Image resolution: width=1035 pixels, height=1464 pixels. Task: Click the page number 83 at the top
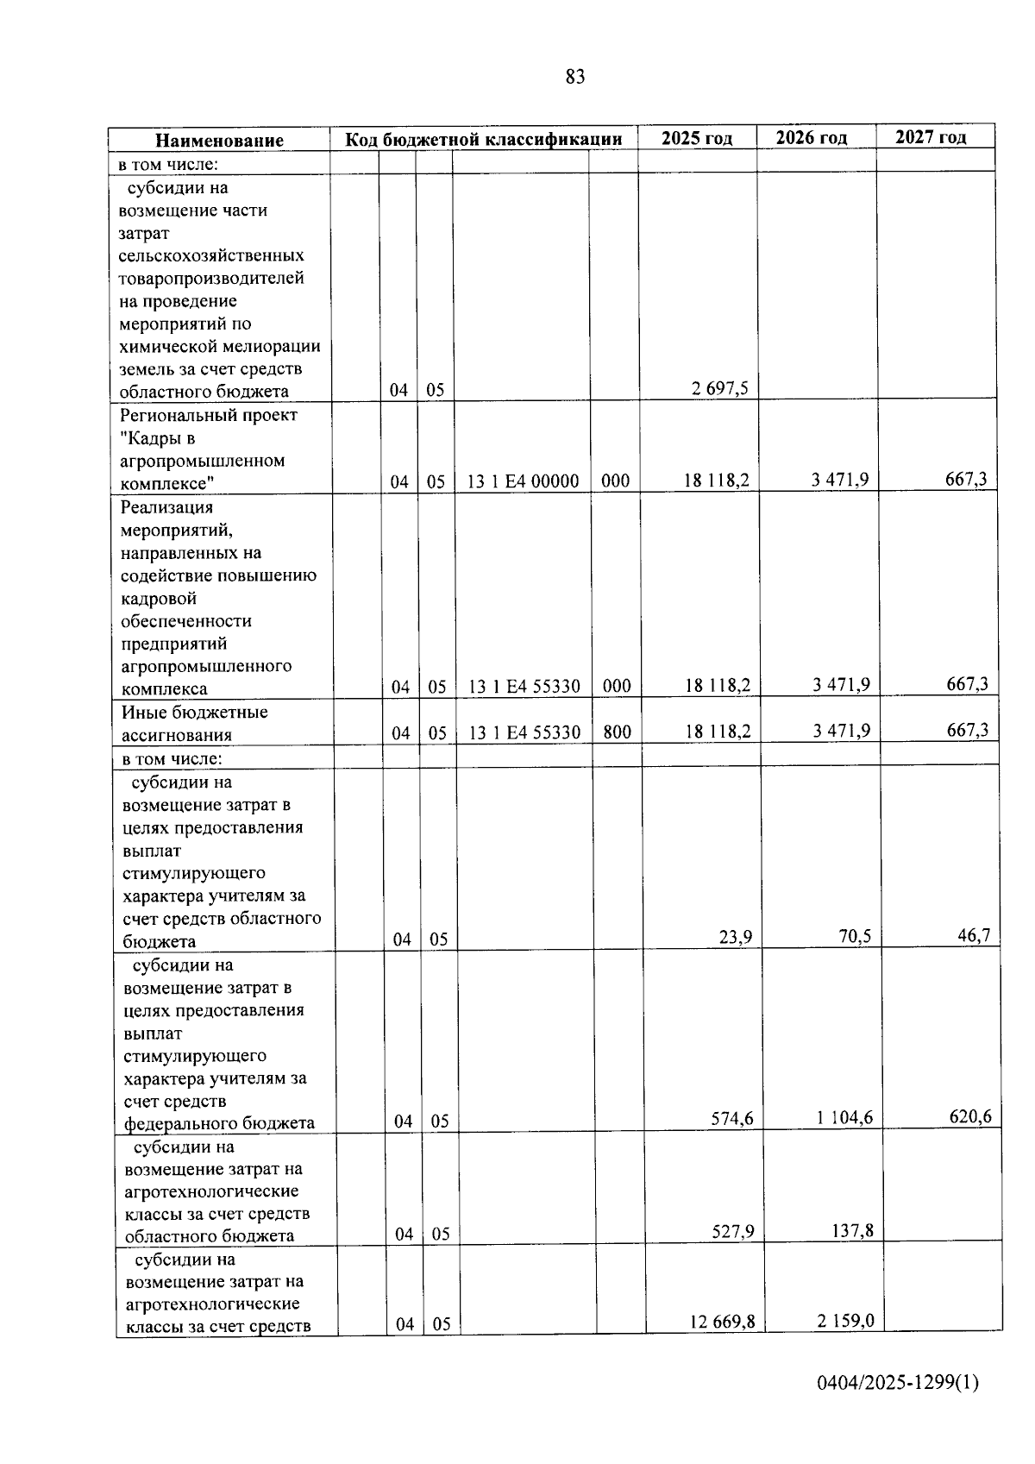(575, 77)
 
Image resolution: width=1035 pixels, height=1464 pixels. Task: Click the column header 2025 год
(697, 138)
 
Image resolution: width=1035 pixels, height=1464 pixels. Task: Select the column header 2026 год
(812, 138)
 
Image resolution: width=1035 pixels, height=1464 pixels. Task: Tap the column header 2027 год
(931, 137)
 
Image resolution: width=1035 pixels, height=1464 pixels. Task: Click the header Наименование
(219, 141)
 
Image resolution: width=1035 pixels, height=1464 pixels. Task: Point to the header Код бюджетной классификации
(484, 140)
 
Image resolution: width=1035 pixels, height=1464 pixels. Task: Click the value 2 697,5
(719, 388)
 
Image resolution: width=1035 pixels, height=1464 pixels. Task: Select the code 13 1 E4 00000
(523, 481)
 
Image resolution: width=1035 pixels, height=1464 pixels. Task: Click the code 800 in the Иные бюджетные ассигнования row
(617, 732)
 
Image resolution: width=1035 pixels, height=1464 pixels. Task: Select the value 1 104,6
(844, 1118)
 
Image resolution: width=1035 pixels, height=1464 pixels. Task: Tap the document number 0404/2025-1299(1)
(898, 1383)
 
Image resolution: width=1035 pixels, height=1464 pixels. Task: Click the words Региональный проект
(209, 415)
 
